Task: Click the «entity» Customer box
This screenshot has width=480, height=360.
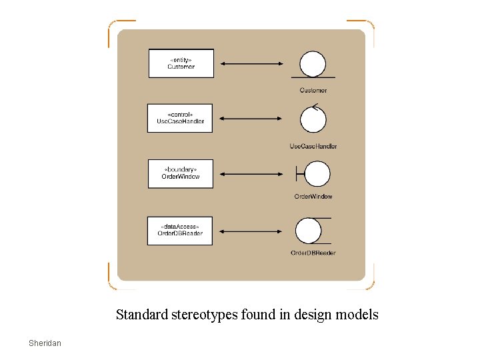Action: [181, 63]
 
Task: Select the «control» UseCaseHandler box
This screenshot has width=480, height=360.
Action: [180, 118]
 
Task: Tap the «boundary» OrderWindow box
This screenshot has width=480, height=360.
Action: [181, 173]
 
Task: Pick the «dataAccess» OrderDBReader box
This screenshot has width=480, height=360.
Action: [180, 230]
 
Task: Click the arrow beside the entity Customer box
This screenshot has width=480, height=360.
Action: [251, 64]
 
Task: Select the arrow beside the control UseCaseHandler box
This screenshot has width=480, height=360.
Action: [251, 119]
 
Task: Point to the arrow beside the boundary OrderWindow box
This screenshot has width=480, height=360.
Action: [251, 174]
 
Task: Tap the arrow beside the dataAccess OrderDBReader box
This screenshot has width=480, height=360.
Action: [251, 231]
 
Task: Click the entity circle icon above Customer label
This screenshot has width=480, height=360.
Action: [313, 65]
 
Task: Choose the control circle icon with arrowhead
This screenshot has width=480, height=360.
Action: [313, 119]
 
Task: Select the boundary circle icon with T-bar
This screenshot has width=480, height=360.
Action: [316, 174]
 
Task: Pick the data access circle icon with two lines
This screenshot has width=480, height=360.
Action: [309, 231]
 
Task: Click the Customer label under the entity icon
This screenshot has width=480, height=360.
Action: [313, 90]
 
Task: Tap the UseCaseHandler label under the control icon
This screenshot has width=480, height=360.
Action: [313, 146]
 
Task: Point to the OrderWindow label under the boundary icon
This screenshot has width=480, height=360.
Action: [313, 197]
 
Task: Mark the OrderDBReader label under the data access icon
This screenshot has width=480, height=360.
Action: [313, 253]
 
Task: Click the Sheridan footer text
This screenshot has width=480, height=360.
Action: [45, 343]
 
